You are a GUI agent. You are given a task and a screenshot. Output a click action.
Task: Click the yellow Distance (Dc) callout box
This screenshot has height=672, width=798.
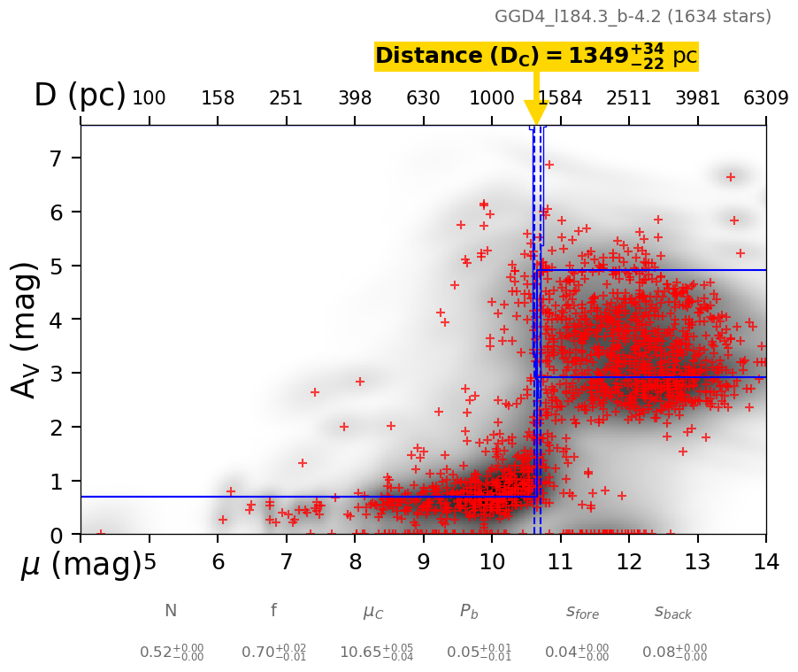536,56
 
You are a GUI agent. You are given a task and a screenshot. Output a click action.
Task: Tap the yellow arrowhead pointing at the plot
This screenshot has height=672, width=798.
536,112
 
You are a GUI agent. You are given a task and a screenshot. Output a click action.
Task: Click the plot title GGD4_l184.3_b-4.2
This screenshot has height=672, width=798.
633,17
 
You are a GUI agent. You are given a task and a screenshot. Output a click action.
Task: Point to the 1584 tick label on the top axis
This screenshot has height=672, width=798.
560,98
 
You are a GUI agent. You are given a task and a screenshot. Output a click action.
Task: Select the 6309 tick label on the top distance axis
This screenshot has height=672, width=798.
766,98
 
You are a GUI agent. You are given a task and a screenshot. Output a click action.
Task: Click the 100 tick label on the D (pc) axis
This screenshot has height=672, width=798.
149,98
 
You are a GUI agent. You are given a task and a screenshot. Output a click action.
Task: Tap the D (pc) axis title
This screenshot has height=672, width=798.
80,96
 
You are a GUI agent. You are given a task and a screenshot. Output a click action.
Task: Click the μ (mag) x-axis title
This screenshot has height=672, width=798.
81,565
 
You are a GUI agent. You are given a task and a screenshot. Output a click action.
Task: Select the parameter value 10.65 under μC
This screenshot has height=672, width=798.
376,653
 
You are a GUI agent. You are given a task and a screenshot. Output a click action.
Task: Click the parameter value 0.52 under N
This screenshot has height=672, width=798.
172,653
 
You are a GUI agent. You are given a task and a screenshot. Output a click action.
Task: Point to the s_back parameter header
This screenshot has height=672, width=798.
673,612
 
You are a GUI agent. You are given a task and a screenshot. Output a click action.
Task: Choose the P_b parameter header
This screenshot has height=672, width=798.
469,611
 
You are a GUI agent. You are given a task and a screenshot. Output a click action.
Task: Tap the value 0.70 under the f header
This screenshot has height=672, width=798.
274,653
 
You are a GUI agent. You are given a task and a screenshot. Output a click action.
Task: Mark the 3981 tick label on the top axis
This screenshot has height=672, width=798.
697,98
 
